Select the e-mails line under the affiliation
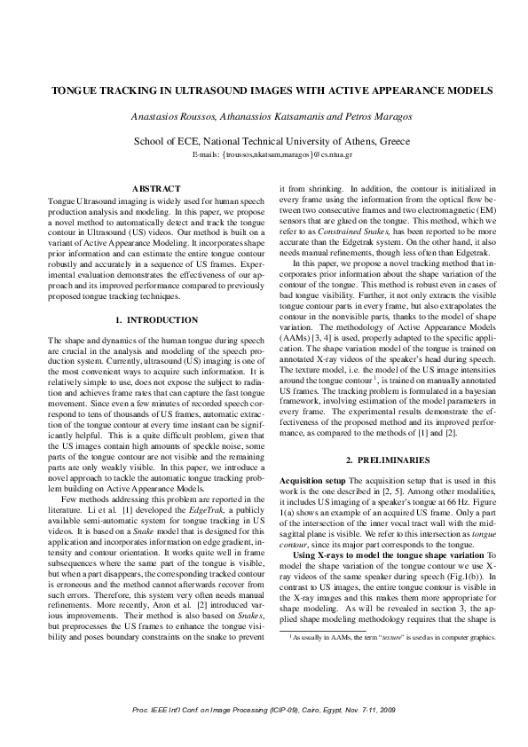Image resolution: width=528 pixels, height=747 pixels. (x=264, y=154)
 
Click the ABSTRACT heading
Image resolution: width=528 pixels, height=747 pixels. (x=155, y=189)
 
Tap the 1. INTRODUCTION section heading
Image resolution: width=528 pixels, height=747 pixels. (x=156, y=318)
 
